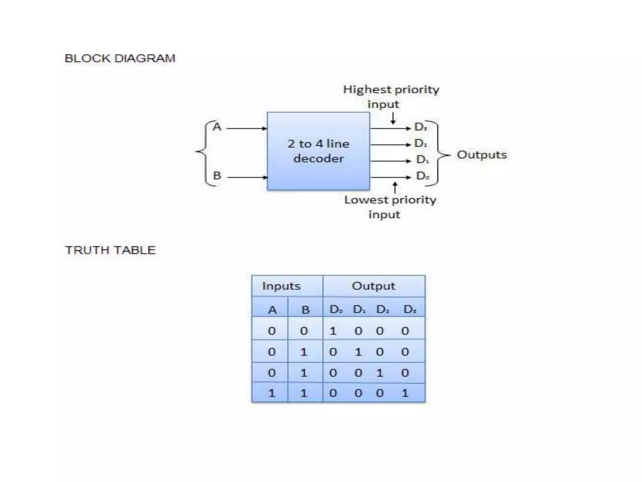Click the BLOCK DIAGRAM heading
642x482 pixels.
tap(120, 58)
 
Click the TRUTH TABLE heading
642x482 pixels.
tap(110, 250)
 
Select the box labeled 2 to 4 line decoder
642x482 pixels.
tap(318, 151)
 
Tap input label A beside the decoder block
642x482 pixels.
tap(217, 127)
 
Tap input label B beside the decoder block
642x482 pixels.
tap(217, 175)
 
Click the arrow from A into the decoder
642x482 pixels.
tap(247, 128)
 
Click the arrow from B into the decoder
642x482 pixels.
tap(247, 177)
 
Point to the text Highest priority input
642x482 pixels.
tap(391, 96)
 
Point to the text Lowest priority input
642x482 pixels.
tap(390, 207)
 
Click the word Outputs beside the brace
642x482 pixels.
tap(481, 155)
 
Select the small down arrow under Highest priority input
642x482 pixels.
tap(393, 118)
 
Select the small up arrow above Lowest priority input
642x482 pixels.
tap(395, 188)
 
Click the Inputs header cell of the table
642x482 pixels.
tap(281, 286)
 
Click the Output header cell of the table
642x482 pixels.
tap(373, 286)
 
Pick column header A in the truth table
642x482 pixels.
tap(272, 310)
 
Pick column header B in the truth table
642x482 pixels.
tap(305, 310)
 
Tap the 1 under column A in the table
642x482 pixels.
tap(271, 393)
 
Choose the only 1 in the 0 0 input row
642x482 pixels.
tap(333, 331)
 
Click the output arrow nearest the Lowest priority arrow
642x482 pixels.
tap(390, 177)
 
